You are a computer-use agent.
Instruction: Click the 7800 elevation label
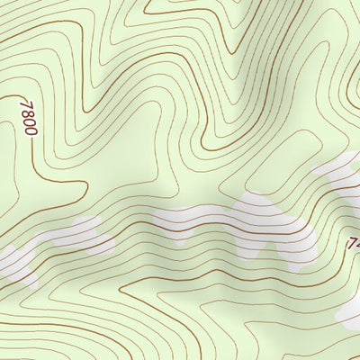[x=26, y=118]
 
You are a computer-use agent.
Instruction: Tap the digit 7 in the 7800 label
[x=24, y=104]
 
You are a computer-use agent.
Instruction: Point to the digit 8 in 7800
[x=25, y=113]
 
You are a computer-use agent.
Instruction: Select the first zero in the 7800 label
[x=27, y=122]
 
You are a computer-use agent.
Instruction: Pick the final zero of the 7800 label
[x=28, y=131]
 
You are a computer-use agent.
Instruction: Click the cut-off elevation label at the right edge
[x=354, y=243]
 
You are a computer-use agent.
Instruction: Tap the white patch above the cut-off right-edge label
[x=346, y=175]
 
